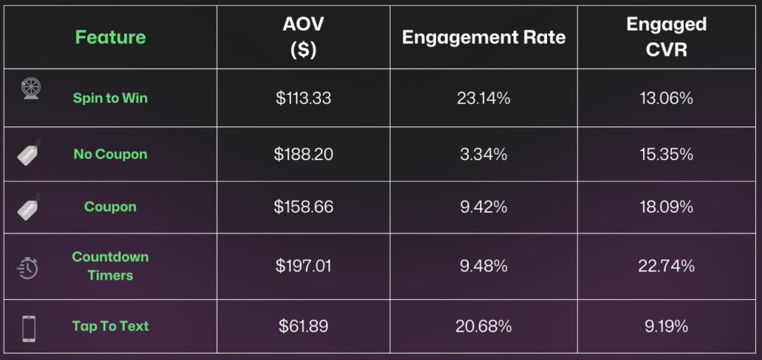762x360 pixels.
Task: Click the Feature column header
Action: [x=110, y=37]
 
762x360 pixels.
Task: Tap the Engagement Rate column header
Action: [x=484, y=37]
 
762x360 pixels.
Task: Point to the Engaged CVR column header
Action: [x=666, y=37]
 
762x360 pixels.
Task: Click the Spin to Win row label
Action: [x=110, y=98]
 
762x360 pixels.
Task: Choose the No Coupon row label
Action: [x=110, y=155]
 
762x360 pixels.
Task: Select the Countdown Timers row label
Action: [x=110, y=266]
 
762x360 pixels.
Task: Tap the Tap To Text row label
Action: [x=110, y=326]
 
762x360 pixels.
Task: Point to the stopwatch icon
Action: [x=28, y=266]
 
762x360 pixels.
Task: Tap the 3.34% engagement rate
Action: [x=484, y=155]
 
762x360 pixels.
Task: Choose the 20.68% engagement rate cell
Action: [x=484, y=326]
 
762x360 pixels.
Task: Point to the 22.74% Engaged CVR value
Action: [x=666, y=266]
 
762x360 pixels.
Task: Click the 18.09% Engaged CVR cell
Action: [x=666, y=207]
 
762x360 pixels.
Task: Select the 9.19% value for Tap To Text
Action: [x=666, y=326]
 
